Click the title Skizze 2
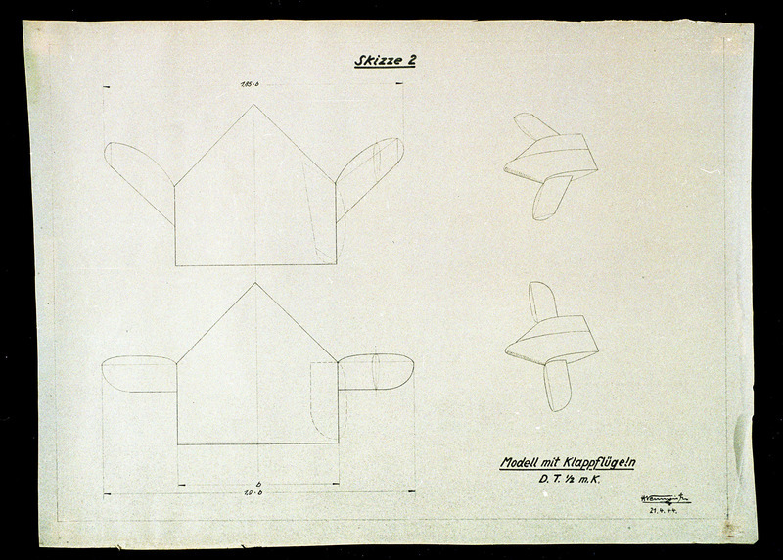click(385, 61)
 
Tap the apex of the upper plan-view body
click(254, 105)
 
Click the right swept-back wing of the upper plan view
click(369, 173)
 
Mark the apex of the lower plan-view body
click(255, 284)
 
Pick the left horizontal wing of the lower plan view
click(138, 374)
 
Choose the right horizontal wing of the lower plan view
click(376, 372)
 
